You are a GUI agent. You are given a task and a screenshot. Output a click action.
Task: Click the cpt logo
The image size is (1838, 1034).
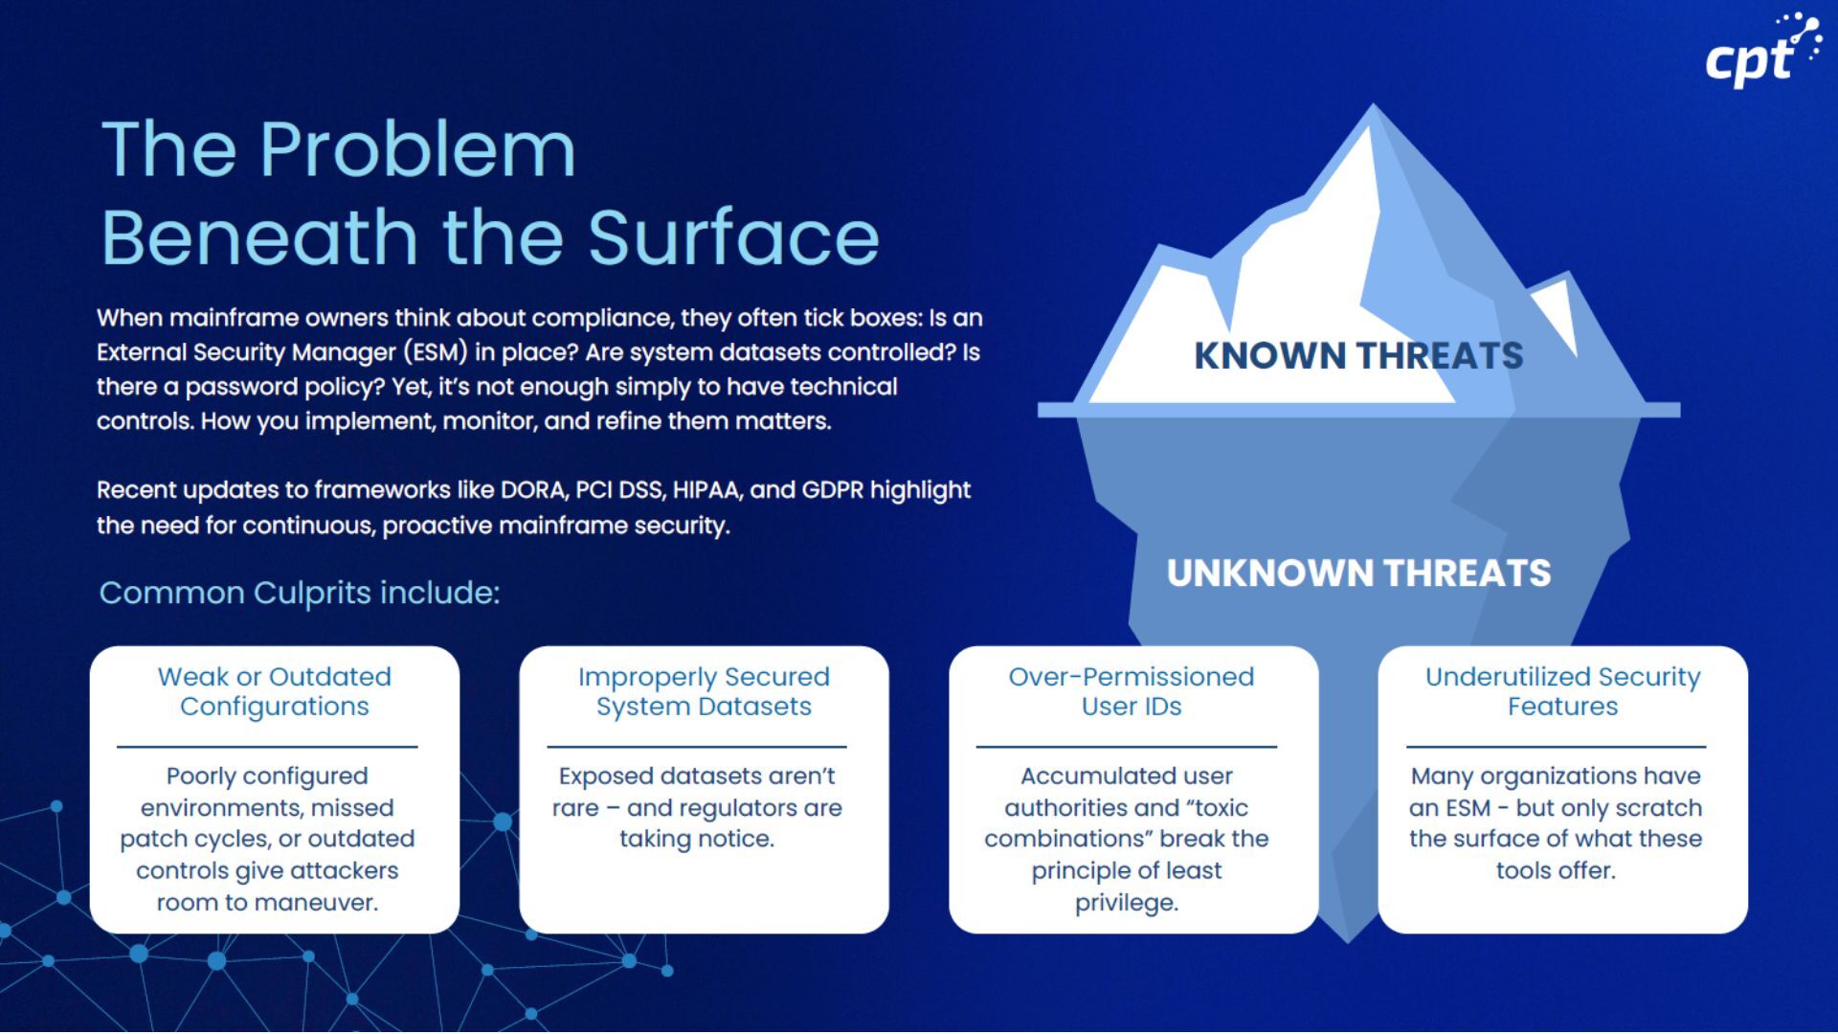tap(1760, 53)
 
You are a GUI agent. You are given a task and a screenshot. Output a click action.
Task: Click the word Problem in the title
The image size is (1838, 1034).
tap(417, 150)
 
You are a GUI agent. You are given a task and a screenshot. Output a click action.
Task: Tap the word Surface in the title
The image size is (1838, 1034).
tap(733, 237)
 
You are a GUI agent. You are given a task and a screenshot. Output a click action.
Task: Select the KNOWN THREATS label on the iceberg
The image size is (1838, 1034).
tap(1357, 356)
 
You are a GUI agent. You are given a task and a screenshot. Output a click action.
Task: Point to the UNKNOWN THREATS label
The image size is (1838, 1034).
tap(1357, 573)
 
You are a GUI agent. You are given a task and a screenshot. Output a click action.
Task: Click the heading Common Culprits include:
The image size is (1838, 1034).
tap(299, 593)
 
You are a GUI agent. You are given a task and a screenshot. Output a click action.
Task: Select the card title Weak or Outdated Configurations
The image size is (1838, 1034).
tap(275, 691)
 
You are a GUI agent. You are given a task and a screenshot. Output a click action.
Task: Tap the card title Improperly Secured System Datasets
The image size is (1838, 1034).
tap(704, 691)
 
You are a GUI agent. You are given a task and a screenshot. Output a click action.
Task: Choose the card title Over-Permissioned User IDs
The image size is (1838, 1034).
tap(1132, 691)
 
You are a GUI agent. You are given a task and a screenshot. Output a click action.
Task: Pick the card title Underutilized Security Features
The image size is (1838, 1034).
tap(1562, 691)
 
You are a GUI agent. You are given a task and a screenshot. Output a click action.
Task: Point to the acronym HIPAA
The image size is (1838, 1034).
tap(706, 490)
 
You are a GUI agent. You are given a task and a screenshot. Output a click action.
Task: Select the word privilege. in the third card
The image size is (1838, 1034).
tap(1126, 903)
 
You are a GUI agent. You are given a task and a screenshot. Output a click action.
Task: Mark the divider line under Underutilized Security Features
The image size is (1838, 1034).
tap(1556, 747)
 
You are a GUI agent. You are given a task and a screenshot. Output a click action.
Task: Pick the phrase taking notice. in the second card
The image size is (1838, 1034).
tap(696, 840)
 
